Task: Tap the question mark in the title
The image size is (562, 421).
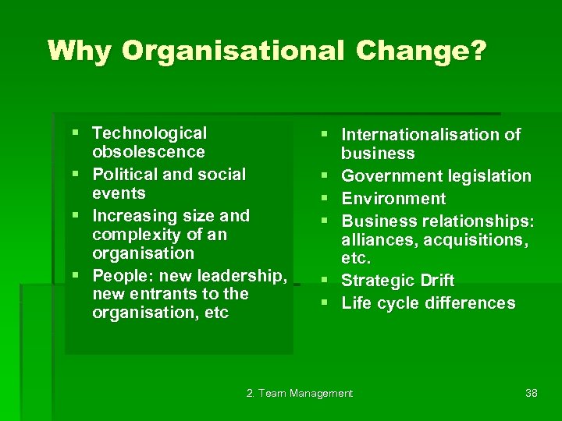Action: click(x=478, y=51)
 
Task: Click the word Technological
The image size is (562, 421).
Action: click(x=149, y=133)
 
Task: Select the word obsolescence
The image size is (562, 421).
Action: click(x=148, y=152)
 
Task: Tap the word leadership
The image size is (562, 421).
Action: click(x=242, y=275)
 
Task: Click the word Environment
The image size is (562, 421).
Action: click(x=393, y=199)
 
